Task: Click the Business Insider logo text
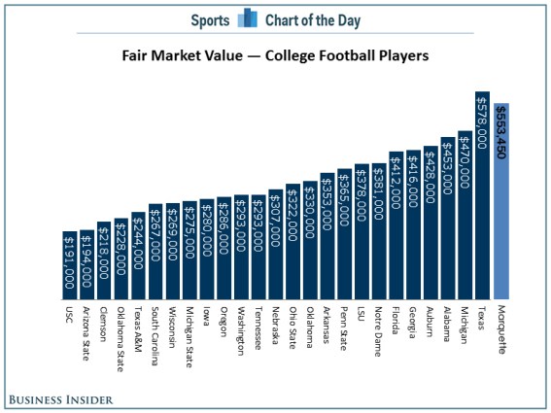click(59, 399)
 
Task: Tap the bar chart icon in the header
click(249, 17)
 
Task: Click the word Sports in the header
click(209, 17)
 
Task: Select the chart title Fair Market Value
click(275, 55)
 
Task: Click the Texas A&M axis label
click(138, 330)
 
